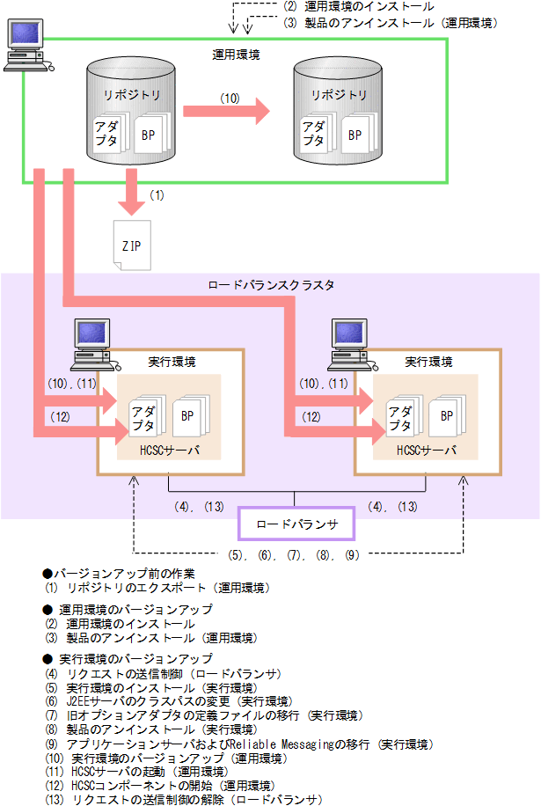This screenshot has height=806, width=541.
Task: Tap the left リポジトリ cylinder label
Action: tap(127, 94)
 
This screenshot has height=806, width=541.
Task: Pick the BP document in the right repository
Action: tap(355, 135)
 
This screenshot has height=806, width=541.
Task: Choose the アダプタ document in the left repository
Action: tap(112, 133)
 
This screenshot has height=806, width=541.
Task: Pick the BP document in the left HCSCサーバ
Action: tap(187, 414)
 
